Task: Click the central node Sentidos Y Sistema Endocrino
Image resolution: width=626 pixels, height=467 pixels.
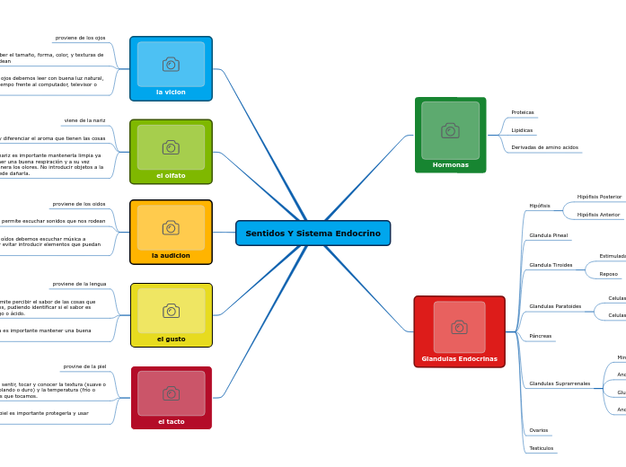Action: point(313,233)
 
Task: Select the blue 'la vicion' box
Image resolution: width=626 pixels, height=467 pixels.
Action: point(171,69)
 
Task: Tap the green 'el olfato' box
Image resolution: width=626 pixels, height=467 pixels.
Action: point(171,152)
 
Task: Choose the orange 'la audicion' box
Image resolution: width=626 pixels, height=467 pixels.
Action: point(171,232)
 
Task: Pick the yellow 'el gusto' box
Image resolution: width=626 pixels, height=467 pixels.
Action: point(171,315)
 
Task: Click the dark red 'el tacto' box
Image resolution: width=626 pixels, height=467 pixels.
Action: point(171,398)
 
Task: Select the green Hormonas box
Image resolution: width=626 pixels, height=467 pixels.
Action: point(450,136)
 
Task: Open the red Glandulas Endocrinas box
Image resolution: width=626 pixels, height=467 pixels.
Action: point(459,331)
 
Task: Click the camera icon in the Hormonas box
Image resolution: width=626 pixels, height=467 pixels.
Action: point(450,130)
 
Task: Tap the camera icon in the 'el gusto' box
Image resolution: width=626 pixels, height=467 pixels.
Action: point(171,311)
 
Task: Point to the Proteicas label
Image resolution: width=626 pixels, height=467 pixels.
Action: point(523,112)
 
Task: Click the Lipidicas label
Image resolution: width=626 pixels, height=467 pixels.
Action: point(522,130)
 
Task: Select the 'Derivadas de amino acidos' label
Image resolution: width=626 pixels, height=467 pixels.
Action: point(544,147)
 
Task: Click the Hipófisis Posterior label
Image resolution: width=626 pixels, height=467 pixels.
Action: point(599,197)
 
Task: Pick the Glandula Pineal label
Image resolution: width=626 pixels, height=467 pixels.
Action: point(549,235)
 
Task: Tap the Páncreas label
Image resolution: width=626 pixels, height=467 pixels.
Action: point(541,336)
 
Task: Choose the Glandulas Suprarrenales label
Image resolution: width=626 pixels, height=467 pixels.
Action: point(560,383)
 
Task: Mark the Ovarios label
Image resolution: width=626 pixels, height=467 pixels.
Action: point(539,430)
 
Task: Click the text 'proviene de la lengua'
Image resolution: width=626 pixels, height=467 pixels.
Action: point(79,284)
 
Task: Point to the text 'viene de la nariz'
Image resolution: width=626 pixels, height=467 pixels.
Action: point(84,120)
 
